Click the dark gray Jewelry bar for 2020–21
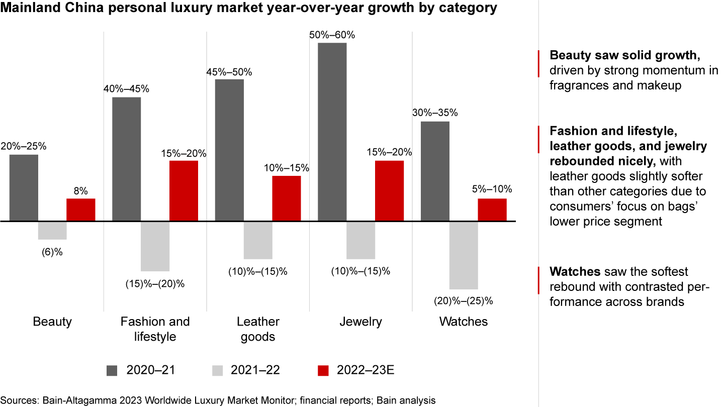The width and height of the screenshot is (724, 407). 332,132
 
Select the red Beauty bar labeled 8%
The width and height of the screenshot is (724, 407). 81,210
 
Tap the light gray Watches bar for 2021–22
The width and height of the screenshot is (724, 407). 464,255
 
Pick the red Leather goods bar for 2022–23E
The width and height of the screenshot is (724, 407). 287,198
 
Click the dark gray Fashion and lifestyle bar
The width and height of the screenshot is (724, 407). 126,159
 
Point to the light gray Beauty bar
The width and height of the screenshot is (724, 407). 52,230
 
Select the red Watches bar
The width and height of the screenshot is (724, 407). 492,210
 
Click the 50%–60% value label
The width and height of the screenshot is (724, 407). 332,35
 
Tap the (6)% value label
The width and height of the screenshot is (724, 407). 52,252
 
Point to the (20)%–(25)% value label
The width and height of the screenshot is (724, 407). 464,301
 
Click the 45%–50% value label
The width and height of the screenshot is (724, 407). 229,71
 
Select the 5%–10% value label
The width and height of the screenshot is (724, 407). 492,189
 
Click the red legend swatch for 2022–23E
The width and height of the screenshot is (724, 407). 323,371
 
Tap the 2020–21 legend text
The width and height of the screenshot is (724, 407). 150,371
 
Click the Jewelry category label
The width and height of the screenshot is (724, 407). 361,322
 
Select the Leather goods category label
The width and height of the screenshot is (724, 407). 258,329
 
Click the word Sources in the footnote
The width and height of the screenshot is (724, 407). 20,400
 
